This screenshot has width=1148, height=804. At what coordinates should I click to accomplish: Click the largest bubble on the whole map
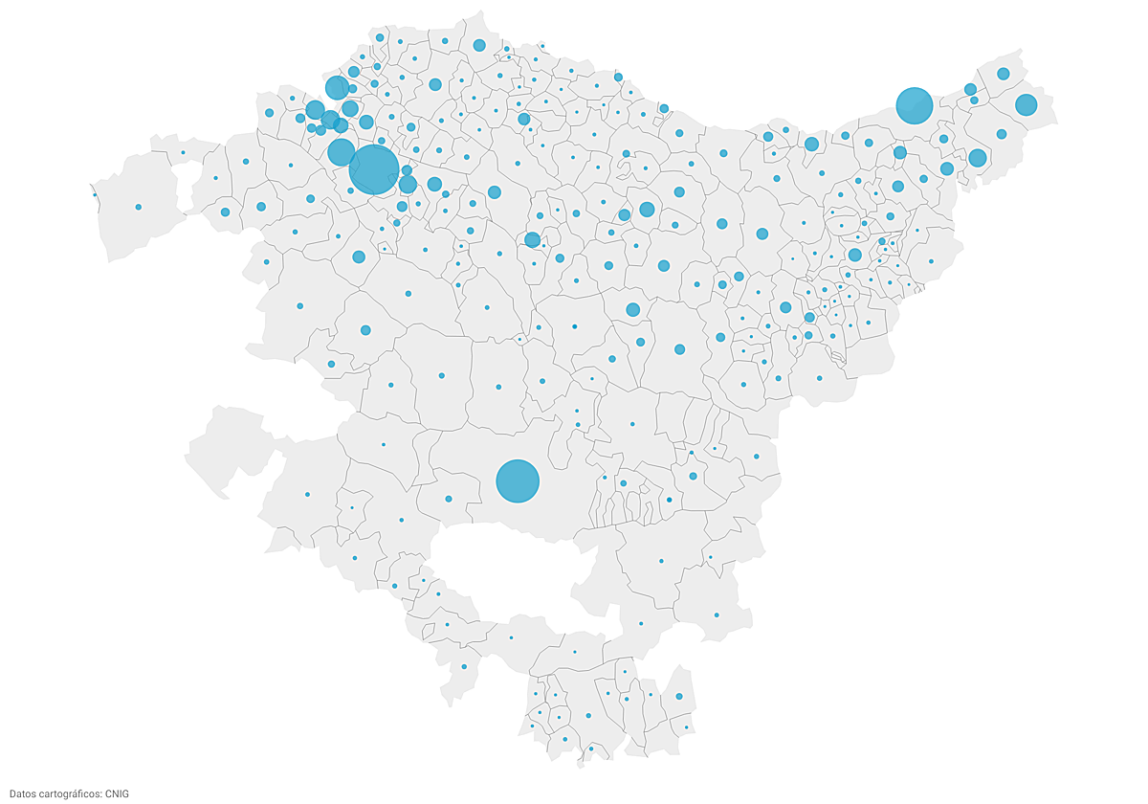click(374, 169)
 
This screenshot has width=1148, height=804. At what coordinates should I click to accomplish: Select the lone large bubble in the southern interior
click(518, 480)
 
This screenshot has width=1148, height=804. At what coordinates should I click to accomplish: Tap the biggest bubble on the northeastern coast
click(915, 105)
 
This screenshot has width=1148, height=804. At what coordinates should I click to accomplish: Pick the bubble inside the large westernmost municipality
click(139, 207)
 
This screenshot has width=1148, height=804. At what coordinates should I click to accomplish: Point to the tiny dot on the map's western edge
click(95, 195)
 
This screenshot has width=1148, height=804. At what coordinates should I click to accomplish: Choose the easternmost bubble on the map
click(1027, 104)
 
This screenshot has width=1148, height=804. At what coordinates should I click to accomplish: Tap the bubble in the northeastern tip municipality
click(1004, 74)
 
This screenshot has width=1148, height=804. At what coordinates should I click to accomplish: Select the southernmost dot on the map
click(591, 748)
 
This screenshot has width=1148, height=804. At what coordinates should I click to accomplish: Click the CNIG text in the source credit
click(117, 793)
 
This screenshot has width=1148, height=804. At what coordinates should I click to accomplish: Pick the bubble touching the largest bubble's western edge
click(341, 152)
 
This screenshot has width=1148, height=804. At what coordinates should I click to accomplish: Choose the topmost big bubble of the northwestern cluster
click(337, 88)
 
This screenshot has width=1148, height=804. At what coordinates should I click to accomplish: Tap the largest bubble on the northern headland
click(479, 45)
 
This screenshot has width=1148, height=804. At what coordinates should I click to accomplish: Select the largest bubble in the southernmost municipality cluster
click(679, 697)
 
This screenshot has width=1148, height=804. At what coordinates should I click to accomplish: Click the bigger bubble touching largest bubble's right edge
click(408, 185)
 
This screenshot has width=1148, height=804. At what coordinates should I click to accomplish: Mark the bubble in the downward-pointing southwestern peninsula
click(464, 666)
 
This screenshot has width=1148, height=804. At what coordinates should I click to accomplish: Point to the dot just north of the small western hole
click(183, 152)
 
